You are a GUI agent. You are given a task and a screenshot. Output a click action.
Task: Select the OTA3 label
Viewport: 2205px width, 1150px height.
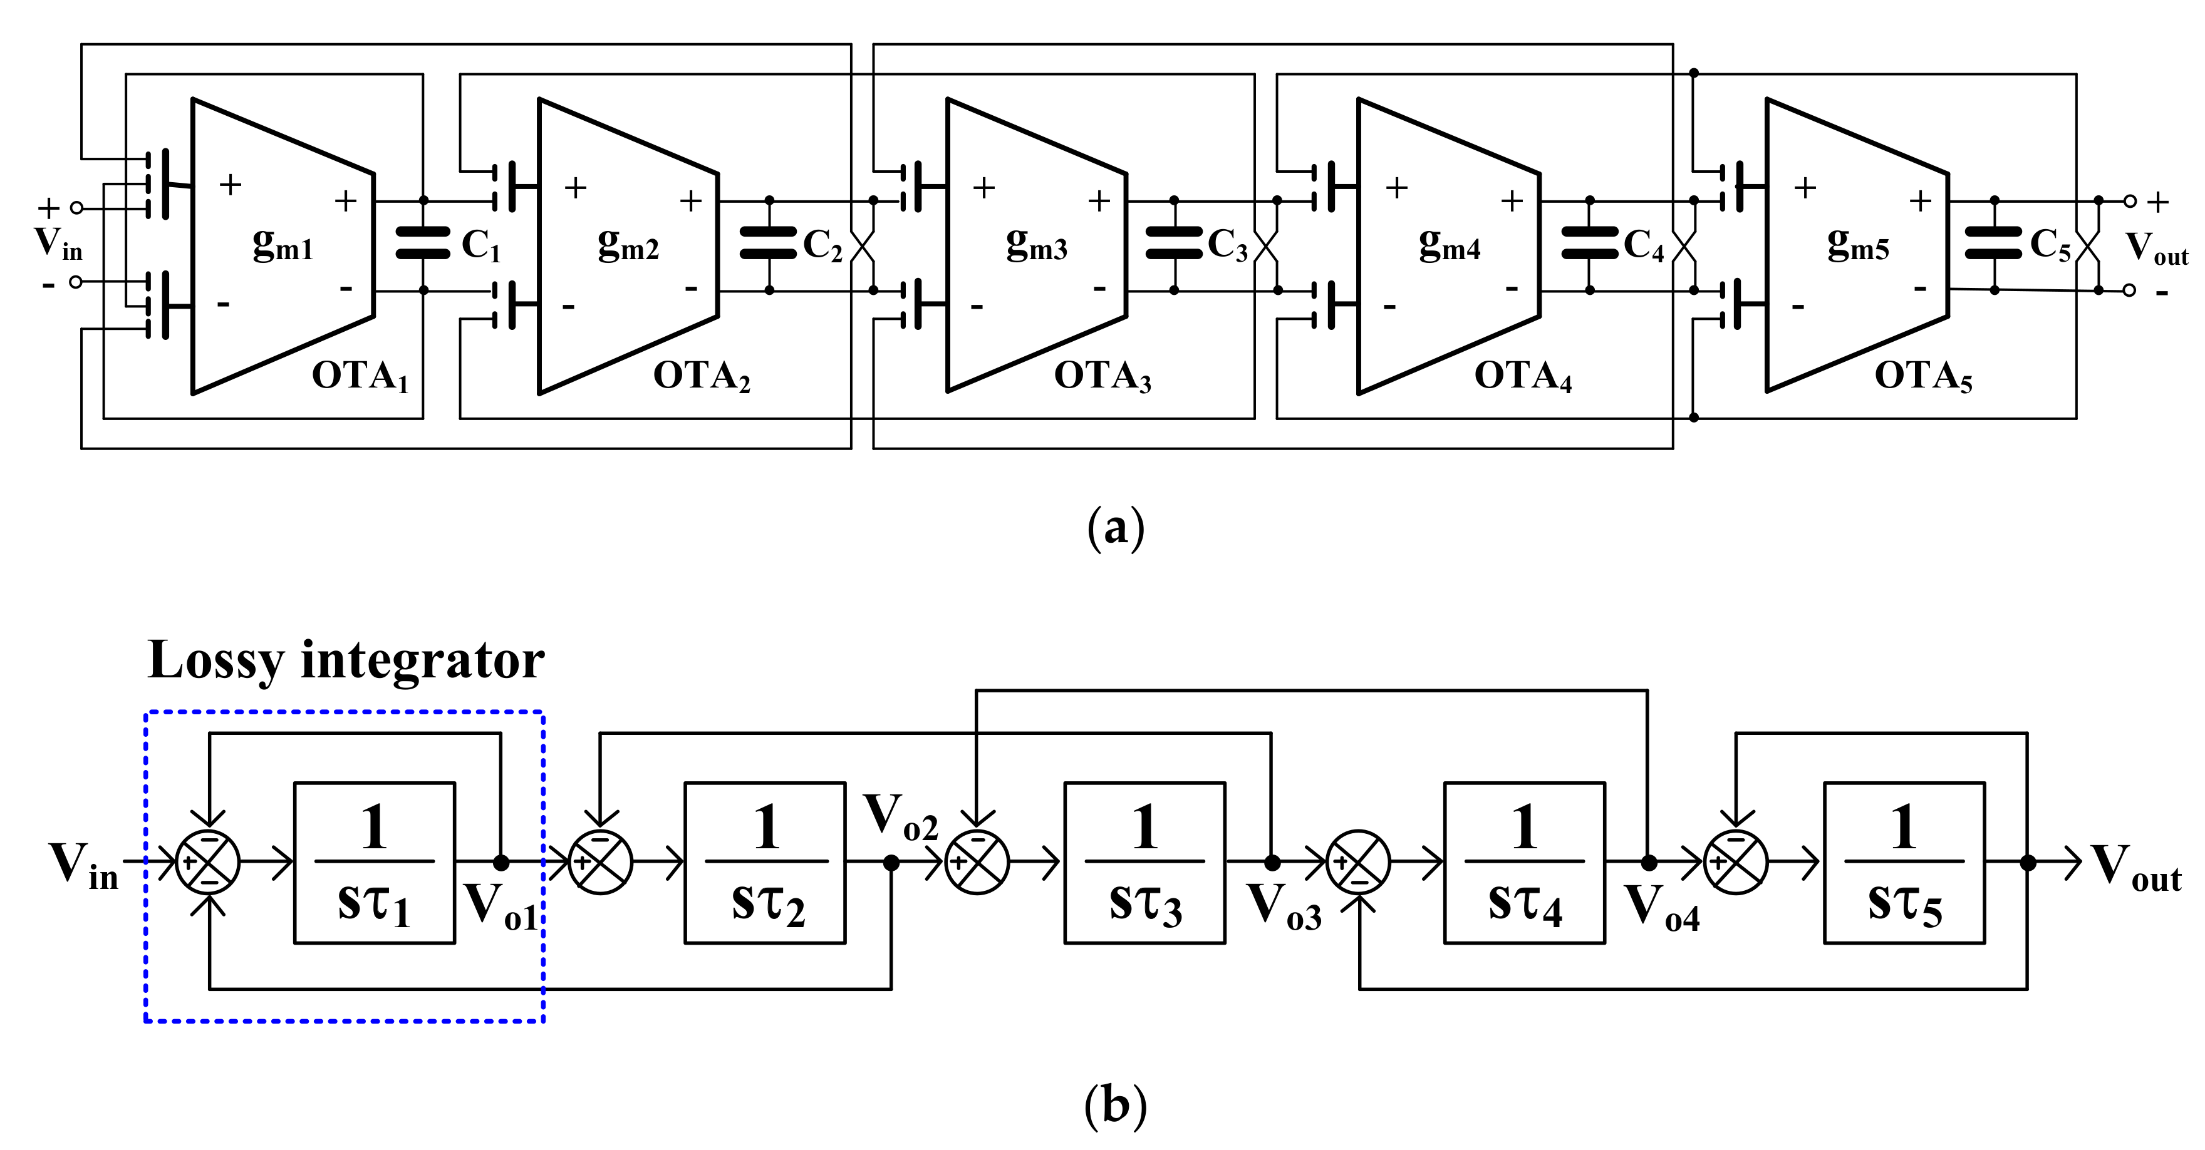tap(1102, 376)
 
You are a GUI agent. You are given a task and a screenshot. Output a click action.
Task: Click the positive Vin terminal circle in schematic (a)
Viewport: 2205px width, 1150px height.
tap(76, 207)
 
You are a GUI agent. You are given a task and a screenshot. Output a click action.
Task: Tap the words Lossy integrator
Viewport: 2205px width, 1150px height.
tap(345, 660)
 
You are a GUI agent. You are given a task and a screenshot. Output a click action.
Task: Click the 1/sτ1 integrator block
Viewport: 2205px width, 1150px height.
tap(374, 863)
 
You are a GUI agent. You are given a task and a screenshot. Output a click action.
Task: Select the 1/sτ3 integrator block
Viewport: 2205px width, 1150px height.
tap(1144, 863)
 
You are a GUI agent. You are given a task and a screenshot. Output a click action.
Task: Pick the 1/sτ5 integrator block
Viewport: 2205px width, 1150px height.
tap(1904, 863)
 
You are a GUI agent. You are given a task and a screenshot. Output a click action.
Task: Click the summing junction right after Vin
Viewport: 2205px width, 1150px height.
tap(208, 863)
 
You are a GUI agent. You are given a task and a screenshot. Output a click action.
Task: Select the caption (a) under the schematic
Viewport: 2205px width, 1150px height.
tap(1114, 528)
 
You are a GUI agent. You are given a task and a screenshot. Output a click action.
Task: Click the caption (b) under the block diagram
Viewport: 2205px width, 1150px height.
tap(1114, 1105)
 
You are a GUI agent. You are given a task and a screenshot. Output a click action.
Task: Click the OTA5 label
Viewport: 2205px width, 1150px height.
tap(1922, 376)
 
